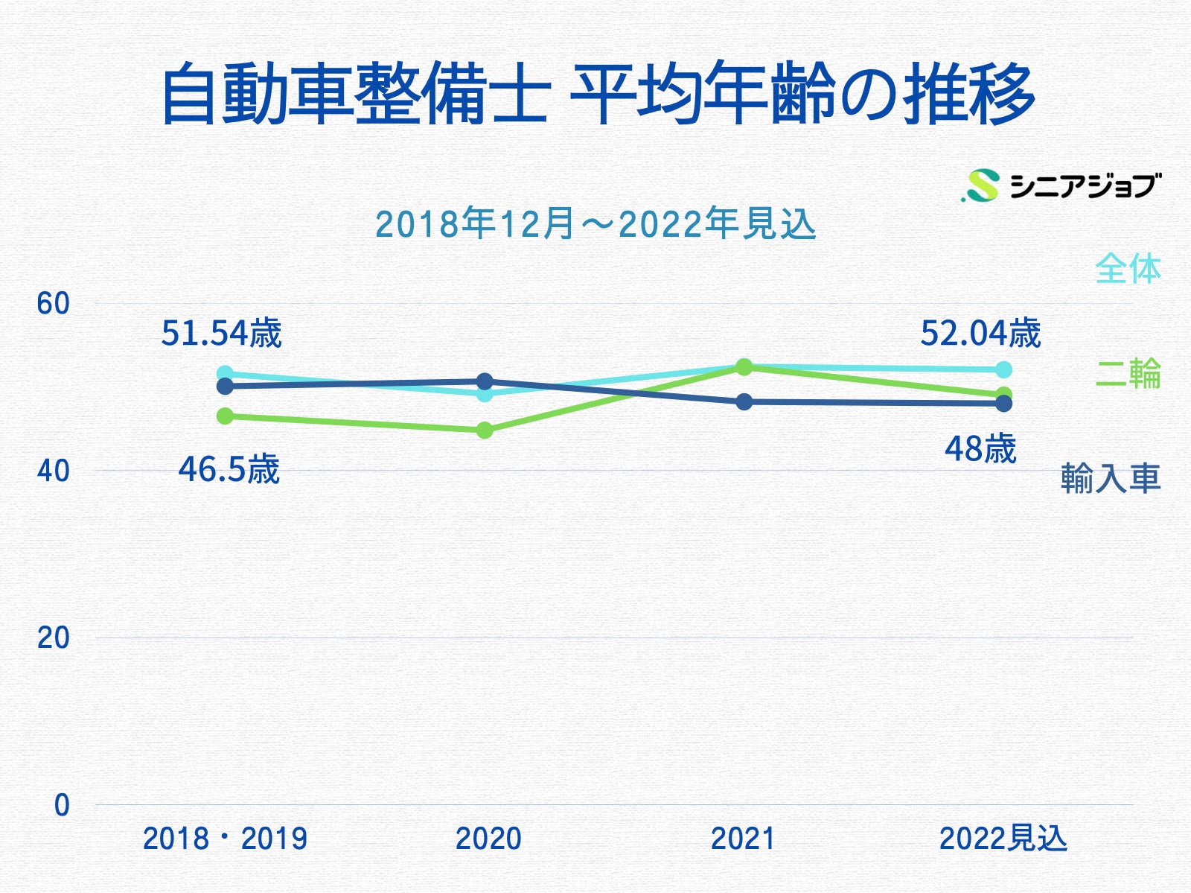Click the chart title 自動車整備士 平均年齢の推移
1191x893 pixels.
[x=597, y=95]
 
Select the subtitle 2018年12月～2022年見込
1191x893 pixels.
[x=595, y=223]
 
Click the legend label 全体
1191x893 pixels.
[x=1128, y=269]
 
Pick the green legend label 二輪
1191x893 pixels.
[x=1128, y=373]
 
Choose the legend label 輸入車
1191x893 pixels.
[x=1110, y=478]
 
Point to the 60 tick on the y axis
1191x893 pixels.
[x=53, y=304]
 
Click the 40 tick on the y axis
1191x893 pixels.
[x=53, y=471]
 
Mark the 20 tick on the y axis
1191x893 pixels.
[x=53, y=638]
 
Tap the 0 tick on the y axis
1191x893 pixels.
[x=62, y=805]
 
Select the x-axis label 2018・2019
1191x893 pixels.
[x=225, y=839]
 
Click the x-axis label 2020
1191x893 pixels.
[x=488, y=839]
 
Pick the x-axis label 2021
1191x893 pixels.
[x=743, y=839]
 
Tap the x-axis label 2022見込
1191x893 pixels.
[x=1003, y=839]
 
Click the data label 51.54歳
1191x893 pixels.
[x=221, y=333]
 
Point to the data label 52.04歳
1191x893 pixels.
[x=980, y=333]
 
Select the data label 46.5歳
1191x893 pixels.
[x=229, y=470]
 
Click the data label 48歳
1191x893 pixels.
[x=980, y=449]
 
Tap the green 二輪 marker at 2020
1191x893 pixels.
[x=485, y=430]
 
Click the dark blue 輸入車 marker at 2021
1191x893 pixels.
[x=744, y=402]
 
